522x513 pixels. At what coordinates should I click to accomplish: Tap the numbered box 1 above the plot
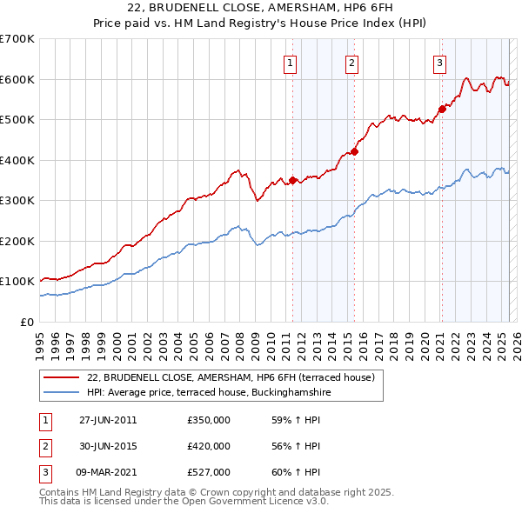point(289,63)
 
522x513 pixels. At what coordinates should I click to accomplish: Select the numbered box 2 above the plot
point(351,63)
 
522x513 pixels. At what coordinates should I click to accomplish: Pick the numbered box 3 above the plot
point(440,63)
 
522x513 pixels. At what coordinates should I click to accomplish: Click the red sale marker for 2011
point(292,180)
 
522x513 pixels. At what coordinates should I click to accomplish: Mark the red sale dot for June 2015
point(355,151)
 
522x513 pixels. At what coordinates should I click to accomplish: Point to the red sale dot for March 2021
point(442,109)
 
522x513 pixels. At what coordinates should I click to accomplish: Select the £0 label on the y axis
point(26,322)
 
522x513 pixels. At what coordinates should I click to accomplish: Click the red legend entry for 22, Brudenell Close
point(231,377)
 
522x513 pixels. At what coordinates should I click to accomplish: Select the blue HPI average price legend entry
point(209,393)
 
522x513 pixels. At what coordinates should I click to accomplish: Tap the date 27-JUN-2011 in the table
point(108,420)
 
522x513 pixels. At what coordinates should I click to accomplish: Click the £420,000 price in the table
point(209,446)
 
